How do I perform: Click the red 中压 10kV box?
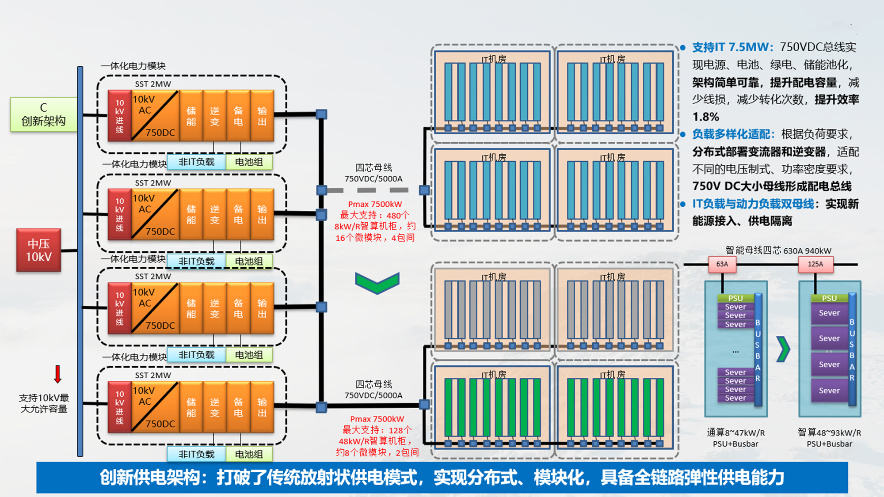38,250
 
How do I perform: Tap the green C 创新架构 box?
43,114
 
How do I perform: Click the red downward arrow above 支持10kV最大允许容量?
57,374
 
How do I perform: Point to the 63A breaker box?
722,264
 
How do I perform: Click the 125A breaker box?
815,264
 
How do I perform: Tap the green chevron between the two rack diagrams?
783,349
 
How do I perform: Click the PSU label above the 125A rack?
829,298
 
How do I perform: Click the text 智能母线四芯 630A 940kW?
778,250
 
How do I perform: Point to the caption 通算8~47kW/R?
735,433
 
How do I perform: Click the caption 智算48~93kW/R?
829,433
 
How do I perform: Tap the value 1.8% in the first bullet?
705,117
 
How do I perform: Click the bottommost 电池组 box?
249,454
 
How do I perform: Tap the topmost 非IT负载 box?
196,162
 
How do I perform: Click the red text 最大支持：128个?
377,430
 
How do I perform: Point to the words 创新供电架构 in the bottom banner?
149,478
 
